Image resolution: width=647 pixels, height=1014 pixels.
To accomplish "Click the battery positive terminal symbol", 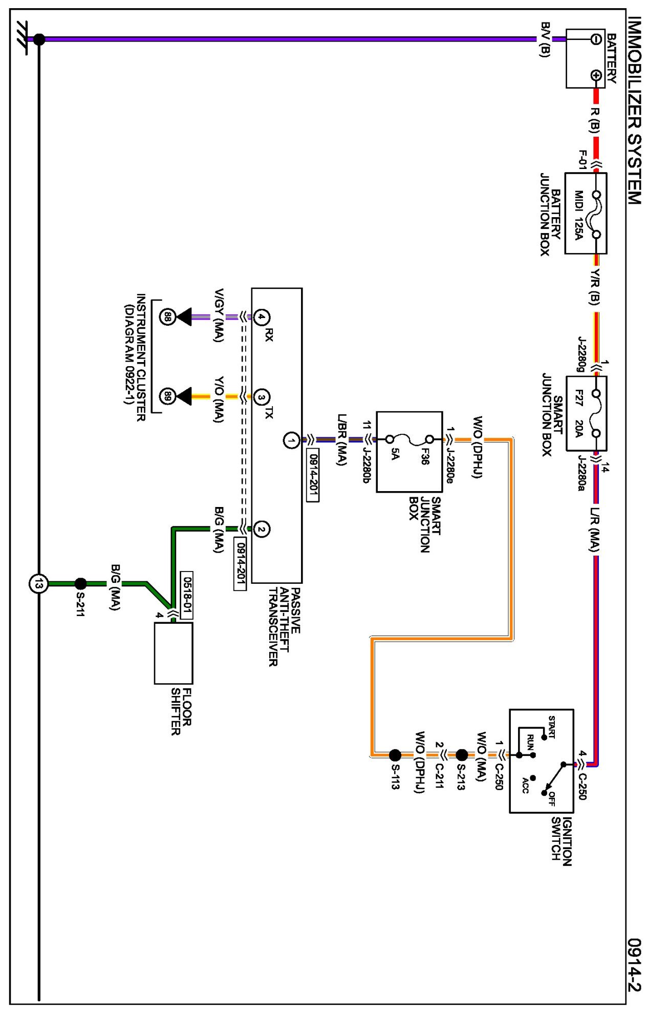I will (596, 76).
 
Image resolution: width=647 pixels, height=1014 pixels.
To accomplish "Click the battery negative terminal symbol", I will (596, 39).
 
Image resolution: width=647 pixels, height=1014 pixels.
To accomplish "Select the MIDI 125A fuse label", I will (578, 215).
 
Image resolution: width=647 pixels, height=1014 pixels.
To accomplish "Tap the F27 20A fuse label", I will (579, 413).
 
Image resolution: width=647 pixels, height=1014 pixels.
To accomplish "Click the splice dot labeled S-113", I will (395, 755).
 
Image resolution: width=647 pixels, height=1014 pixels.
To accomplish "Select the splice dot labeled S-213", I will (462, 755).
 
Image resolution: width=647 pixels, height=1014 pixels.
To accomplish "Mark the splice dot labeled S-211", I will (80, 583).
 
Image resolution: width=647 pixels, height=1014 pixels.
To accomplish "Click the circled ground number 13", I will (38, 583).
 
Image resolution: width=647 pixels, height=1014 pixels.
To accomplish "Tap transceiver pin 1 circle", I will (291, 440).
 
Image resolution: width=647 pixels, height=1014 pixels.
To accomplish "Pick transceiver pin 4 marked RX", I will (262, 317).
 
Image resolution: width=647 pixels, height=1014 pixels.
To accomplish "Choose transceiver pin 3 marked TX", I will (262, 397).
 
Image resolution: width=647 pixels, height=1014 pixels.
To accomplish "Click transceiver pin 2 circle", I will (262, 529).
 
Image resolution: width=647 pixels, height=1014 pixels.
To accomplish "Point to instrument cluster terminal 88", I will (167, 317).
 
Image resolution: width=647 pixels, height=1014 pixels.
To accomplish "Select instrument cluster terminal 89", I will (167, 396).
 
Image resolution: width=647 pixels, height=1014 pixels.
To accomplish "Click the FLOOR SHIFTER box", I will (174, 653).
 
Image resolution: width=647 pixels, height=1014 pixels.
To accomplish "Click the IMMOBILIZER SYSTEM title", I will (635, 111).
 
